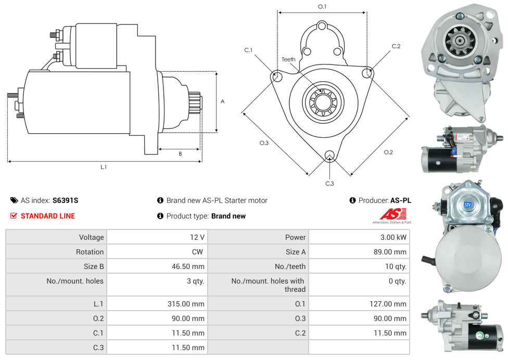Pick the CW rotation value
199,252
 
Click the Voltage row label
91,237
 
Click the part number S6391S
65,200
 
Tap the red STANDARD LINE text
48,216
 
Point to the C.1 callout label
248,50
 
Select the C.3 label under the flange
329,183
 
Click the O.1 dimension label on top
322,7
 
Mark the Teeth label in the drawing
288,59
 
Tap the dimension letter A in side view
223,101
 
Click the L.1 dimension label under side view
104,167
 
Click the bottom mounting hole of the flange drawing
329,156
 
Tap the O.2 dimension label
388,152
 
